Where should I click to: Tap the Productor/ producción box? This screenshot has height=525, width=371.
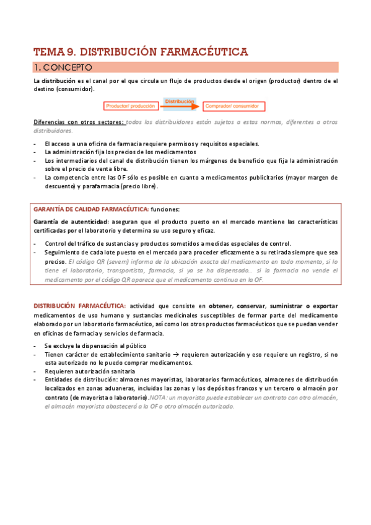pos(131,106)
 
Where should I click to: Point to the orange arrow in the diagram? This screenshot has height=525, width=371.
pos(180,106)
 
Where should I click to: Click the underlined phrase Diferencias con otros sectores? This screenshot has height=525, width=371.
pos(79,122)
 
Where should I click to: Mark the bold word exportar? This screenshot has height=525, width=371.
pos(324,305)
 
